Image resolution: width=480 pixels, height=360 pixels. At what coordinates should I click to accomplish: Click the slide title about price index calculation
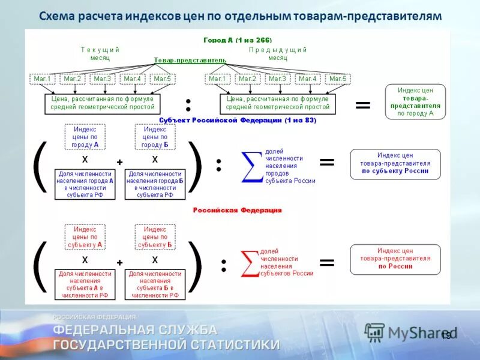[240, 16]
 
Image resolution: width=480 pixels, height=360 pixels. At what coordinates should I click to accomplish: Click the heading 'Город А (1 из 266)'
[238, 40]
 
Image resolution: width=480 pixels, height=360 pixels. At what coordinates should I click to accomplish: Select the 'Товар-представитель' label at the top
[190, 61]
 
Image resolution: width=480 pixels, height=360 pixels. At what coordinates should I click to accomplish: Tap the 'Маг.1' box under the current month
[43, 79]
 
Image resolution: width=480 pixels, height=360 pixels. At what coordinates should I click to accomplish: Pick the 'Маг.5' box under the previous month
[338, 79]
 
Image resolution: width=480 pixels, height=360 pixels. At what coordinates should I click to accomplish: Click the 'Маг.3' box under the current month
[103, 79]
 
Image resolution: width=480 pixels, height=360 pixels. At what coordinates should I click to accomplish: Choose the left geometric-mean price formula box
[103, 103]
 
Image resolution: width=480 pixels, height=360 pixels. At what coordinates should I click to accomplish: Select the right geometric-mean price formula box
[278, 103]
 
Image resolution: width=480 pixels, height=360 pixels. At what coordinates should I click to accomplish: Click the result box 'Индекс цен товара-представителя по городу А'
[415, 101]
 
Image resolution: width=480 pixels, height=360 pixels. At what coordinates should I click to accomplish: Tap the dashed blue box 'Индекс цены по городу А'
[85, 137]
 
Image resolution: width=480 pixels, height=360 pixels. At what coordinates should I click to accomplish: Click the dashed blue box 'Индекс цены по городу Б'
[155, 137]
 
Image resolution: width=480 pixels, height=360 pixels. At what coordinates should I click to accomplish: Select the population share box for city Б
[155, 184]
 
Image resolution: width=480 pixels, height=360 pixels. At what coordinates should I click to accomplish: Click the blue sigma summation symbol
[251, 166]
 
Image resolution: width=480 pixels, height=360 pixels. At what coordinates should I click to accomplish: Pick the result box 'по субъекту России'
[395, 163]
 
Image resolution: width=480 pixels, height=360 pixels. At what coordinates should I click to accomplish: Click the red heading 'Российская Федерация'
[237, 211]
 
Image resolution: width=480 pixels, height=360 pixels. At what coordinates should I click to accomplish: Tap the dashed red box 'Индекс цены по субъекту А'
[85, 237]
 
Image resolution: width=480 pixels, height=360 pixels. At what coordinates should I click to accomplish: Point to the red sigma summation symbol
[248, 263]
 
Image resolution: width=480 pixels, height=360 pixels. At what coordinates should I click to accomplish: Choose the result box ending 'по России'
[395, 259]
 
